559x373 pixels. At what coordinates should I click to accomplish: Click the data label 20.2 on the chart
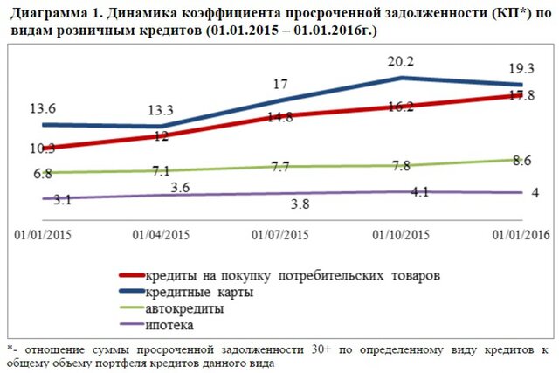click(x=401, y=61)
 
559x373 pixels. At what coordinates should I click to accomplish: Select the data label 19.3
click(x=522, y=66)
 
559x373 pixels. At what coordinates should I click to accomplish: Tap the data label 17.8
click(x=521, y=97)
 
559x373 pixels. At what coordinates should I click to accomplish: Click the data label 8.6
click(x=521, y=161)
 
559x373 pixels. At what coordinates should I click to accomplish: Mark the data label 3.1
click(x=40, y=200)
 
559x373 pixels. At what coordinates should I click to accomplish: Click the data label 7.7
click(x=279, y=166)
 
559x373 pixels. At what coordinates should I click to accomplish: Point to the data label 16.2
click(x=400, y=107)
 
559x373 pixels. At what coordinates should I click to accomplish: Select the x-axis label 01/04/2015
click(x=161, y=235)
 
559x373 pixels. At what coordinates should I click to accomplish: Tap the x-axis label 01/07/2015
click(x=279, y=235)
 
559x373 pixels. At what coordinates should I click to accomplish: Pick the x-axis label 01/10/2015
click(x=401, y=235)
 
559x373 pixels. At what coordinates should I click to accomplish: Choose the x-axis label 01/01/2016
click(x=521, y=235)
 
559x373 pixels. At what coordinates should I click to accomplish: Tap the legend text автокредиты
click(x=184, y=308)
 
